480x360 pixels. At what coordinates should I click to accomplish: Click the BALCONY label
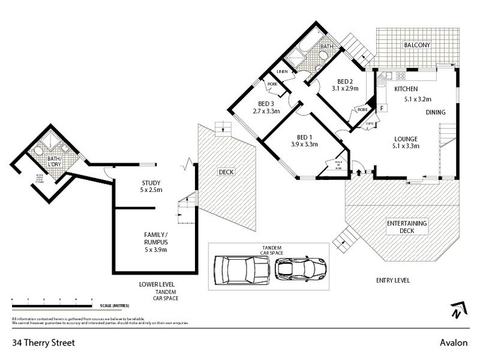(x=416, y=45)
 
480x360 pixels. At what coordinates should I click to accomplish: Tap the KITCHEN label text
(x=405, y=89)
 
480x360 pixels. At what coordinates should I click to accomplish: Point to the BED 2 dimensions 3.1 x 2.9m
(x=345, y=89)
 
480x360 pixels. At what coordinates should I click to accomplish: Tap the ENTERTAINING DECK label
(x=407, y=227)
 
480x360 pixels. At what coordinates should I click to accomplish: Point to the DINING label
(x=436, y=112)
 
